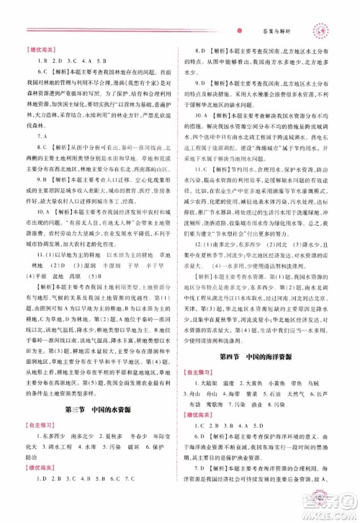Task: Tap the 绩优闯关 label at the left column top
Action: (x=42, y=47)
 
